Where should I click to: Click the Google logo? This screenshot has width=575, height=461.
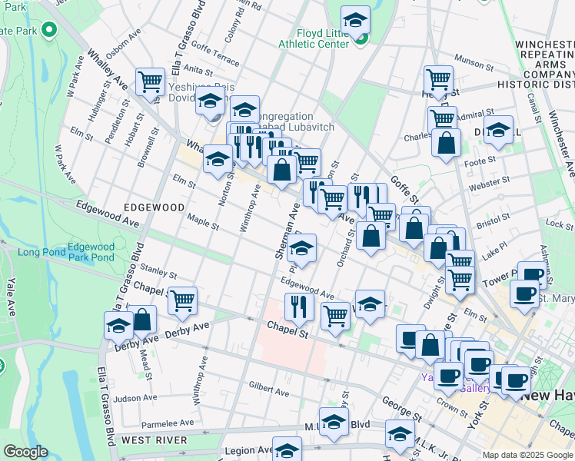tap(25, 452)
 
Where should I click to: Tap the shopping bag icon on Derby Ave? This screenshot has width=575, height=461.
tap(142, 319)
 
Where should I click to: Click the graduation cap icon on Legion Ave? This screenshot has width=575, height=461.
tap(287, 449)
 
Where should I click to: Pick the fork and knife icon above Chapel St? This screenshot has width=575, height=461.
tap(297, 307)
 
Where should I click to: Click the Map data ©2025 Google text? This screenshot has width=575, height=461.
tap(527, 455)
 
